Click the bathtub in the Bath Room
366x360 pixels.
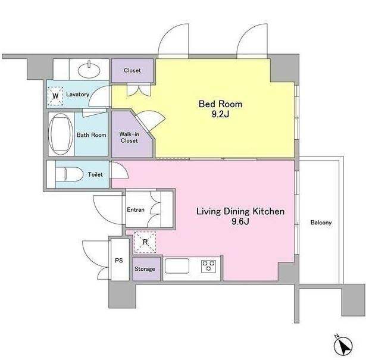coord(60,134)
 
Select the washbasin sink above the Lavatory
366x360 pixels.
coord(89,69)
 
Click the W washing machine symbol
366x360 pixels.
coord(55,96)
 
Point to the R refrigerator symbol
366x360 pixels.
coord(145,242)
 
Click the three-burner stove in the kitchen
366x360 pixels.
coord(209,266)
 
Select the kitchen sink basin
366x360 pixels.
coord(177,266)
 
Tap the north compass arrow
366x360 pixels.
coord(343,346)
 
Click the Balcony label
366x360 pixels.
coord(321,223)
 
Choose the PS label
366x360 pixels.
coord(119,261)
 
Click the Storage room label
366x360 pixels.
coord(145,269)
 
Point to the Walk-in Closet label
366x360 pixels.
coord(129,137)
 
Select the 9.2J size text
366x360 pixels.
coord(220,114)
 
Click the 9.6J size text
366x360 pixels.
coord(240,221)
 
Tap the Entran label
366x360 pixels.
coord(136,209)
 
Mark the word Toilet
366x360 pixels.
coord(95,174)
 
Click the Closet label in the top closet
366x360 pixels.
coord(132,70)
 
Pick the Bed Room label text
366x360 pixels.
coord(220,104)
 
